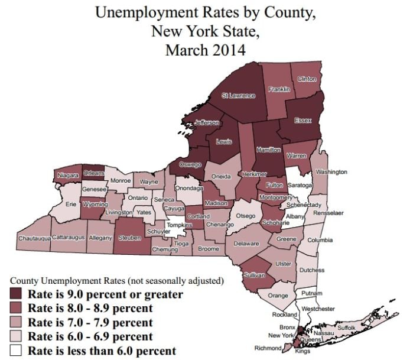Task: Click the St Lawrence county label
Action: tap(238, 95)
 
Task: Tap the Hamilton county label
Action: tap(268, 150)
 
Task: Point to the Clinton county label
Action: tap(307, 79)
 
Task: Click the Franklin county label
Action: tap(278, 89)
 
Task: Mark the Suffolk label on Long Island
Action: tap(346, 326)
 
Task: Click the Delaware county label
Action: tap(246, 244)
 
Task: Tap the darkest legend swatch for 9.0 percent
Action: tap(20, 294)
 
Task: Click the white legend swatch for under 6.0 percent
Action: tap(20, 351)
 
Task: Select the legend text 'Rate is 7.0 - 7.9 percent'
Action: tap(95, 323)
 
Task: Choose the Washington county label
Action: tap(331, 172)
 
